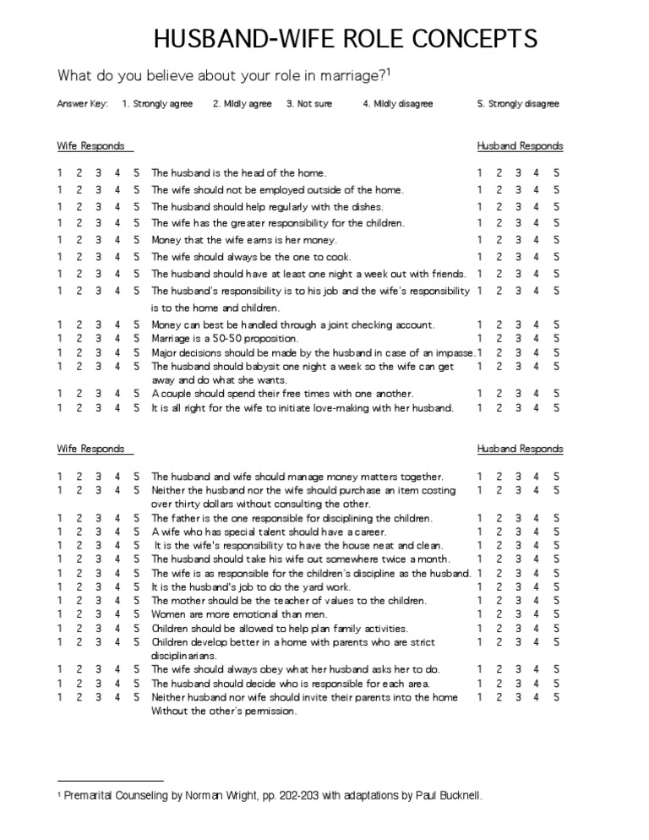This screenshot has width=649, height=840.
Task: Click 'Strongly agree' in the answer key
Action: pyautogui.click(x=164, y=104)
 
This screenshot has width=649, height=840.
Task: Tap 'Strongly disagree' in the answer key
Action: pyautogui.click(x=524, y=104)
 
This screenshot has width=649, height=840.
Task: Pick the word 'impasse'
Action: pyautogui.click(x=454, y=352)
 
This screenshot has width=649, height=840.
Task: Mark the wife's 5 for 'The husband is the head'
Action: pyautogui.click(x=137, y=173)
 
